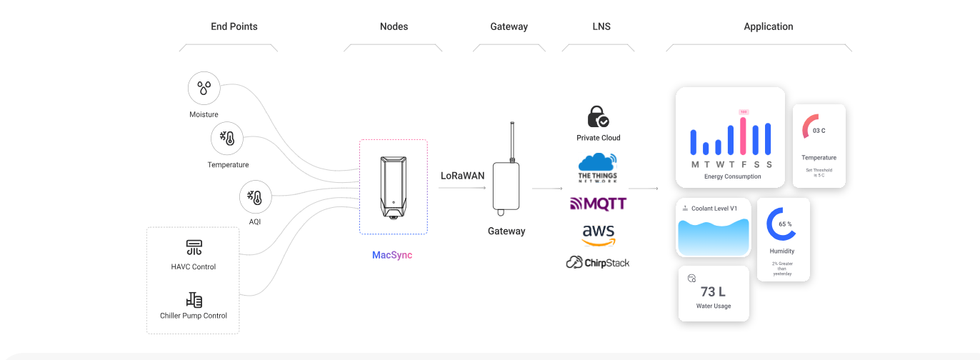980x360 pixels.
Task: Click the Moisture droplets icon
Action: [x=204, y=89]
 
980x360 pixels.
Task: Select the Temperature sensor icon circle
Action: [x=228, y=139]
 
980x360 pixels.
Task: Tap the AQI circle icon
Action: [x=255, y=198]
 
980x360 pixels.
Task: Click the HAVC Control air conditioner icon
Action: [x=194, y=248]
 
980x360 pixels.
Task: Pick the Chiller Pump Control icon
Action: [x=194, y=300]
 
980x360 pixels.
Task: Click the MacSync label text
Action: [x=392, y=255]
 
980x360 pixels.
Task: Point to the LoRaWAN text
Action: [x=462, y=176]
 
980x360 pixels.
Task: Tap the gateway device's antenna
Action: [x=512, y=141]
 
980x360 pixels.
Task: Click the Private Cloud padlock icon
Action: [x=598, y=116]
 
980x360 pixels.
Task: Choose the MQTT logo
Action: [x=598, y=204]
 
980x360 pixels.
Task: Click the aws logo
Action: [x=599, y=235]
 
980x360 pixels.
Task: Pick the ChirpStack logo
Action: [x=598, y=263]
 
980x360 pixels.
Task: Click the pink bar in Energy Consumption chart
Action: [x=743, y=136]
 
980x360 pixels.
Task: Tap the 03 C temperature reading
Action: [x=819, y=131]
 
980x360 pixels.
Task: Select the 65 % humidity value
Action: [x=785, y=224]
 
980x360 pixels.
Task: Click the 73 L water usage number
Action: [x=713, y=291]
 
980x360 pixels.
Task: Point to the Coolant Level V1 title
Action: [x=714, y=209]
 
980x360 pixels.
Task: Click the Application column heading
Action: [x=768, y=26]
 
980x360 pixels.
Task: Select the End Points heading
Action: [x=234, y=26]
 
